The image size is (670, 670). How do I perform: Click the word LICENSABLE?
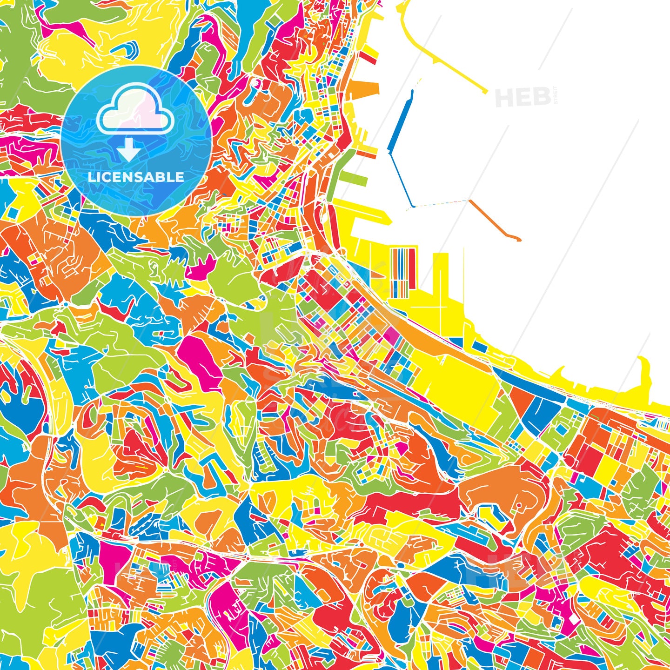[x=136, y=177]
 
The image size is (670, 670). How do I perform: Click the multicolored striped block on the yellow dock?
[x=402, y=272]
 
